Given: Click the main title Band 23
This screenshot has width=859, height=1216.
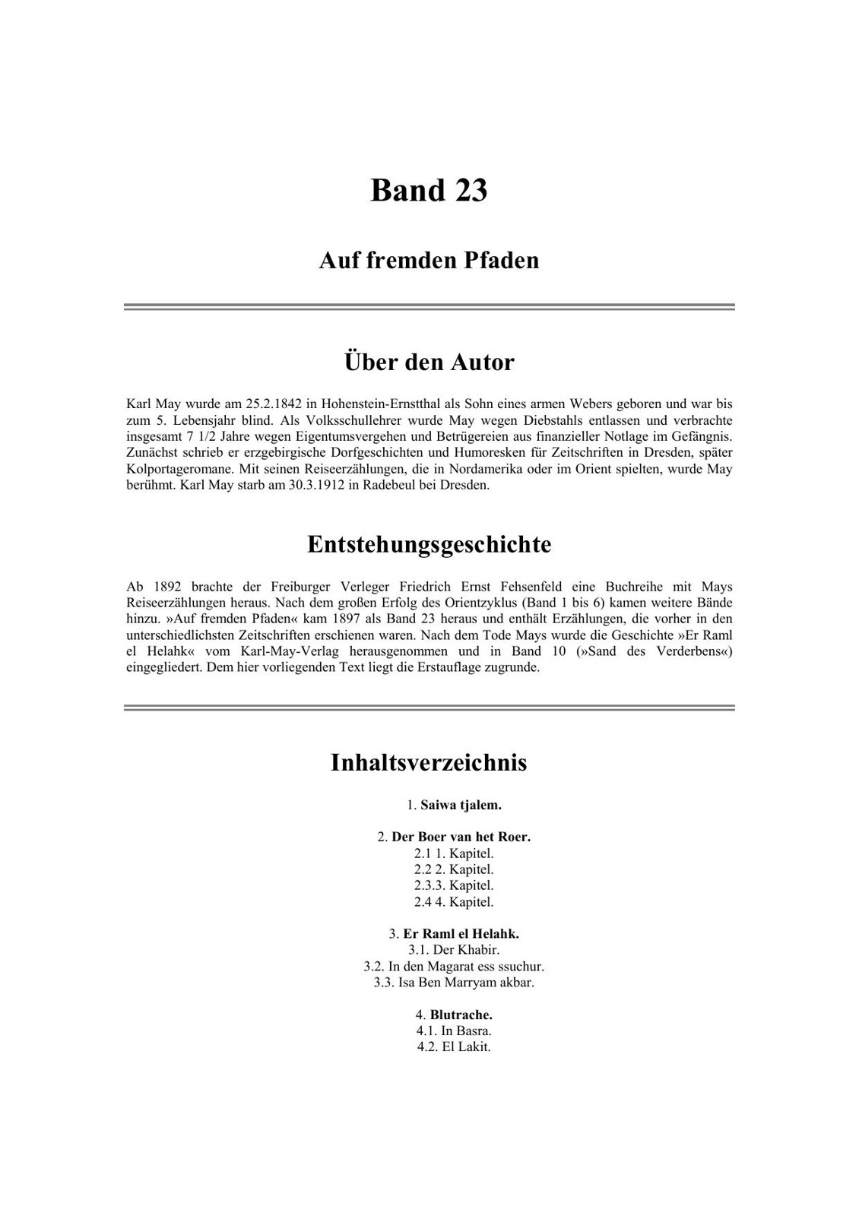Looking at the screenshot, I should (429, 190).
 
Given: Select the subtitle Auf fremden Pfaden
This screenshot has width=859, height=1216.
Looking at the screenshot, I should (429, 261).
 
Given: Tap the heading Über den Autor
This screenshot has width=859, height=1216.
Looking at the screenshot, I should (429, 362).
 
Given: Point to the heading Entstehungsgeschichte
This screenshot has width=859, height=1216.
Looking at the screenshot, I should (429, 544).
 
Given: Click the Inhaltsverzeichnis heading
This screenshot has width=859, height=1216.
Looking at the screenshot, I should (429, 762).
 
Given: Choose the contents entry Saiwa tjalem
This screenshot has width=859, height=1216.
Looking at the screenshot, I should (461, 804).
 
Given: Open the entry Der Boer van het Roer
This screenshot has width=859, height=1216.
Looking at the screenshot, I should (461, 837).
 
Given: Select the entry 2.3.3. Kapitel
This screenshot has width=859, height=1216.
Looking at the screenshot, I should (454, 885).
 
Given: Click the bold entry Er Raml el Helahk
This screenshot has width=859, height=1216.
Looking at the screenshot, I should (461, 933).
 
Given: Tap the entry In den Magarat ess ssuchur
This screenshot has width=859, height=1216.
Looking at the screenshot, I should (454, 967).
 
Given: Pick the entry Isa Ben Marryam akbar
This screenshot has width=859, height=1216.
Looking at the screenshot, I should (454, 982).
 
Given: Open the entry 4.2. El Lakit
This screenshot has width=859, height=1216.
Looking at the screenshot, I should (454, 1047).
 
